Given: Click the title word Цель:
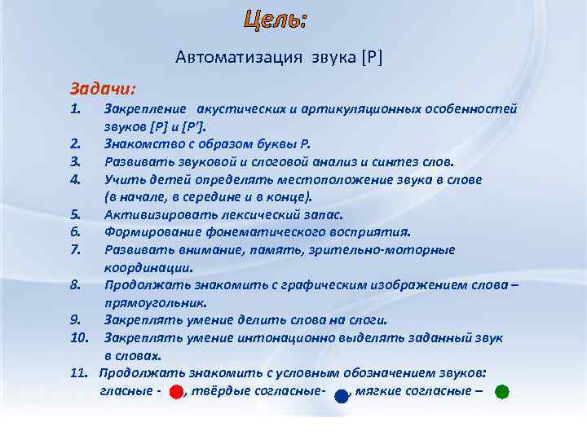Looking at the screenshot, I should point(276,20).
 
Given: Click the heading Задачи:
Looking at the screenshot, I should point(103,87).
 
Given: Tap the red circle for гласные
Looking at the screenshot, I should point(176,392).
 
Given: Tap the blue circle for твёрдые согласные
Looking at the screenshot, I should point(342,396).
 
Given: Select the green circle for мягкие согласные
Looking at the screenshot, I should point(502,392).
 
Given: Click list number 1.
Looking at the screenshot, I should point(75,109).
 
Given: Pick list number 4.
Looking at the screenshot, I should point(75,179).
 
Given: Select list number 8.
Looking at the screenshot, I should point(75,285).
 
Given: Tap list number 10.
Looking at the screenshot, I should point(78,337).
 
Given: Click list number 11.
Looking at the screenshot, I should point(78,373).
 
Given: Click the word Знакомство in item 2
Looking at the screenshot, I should point(139,144).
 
